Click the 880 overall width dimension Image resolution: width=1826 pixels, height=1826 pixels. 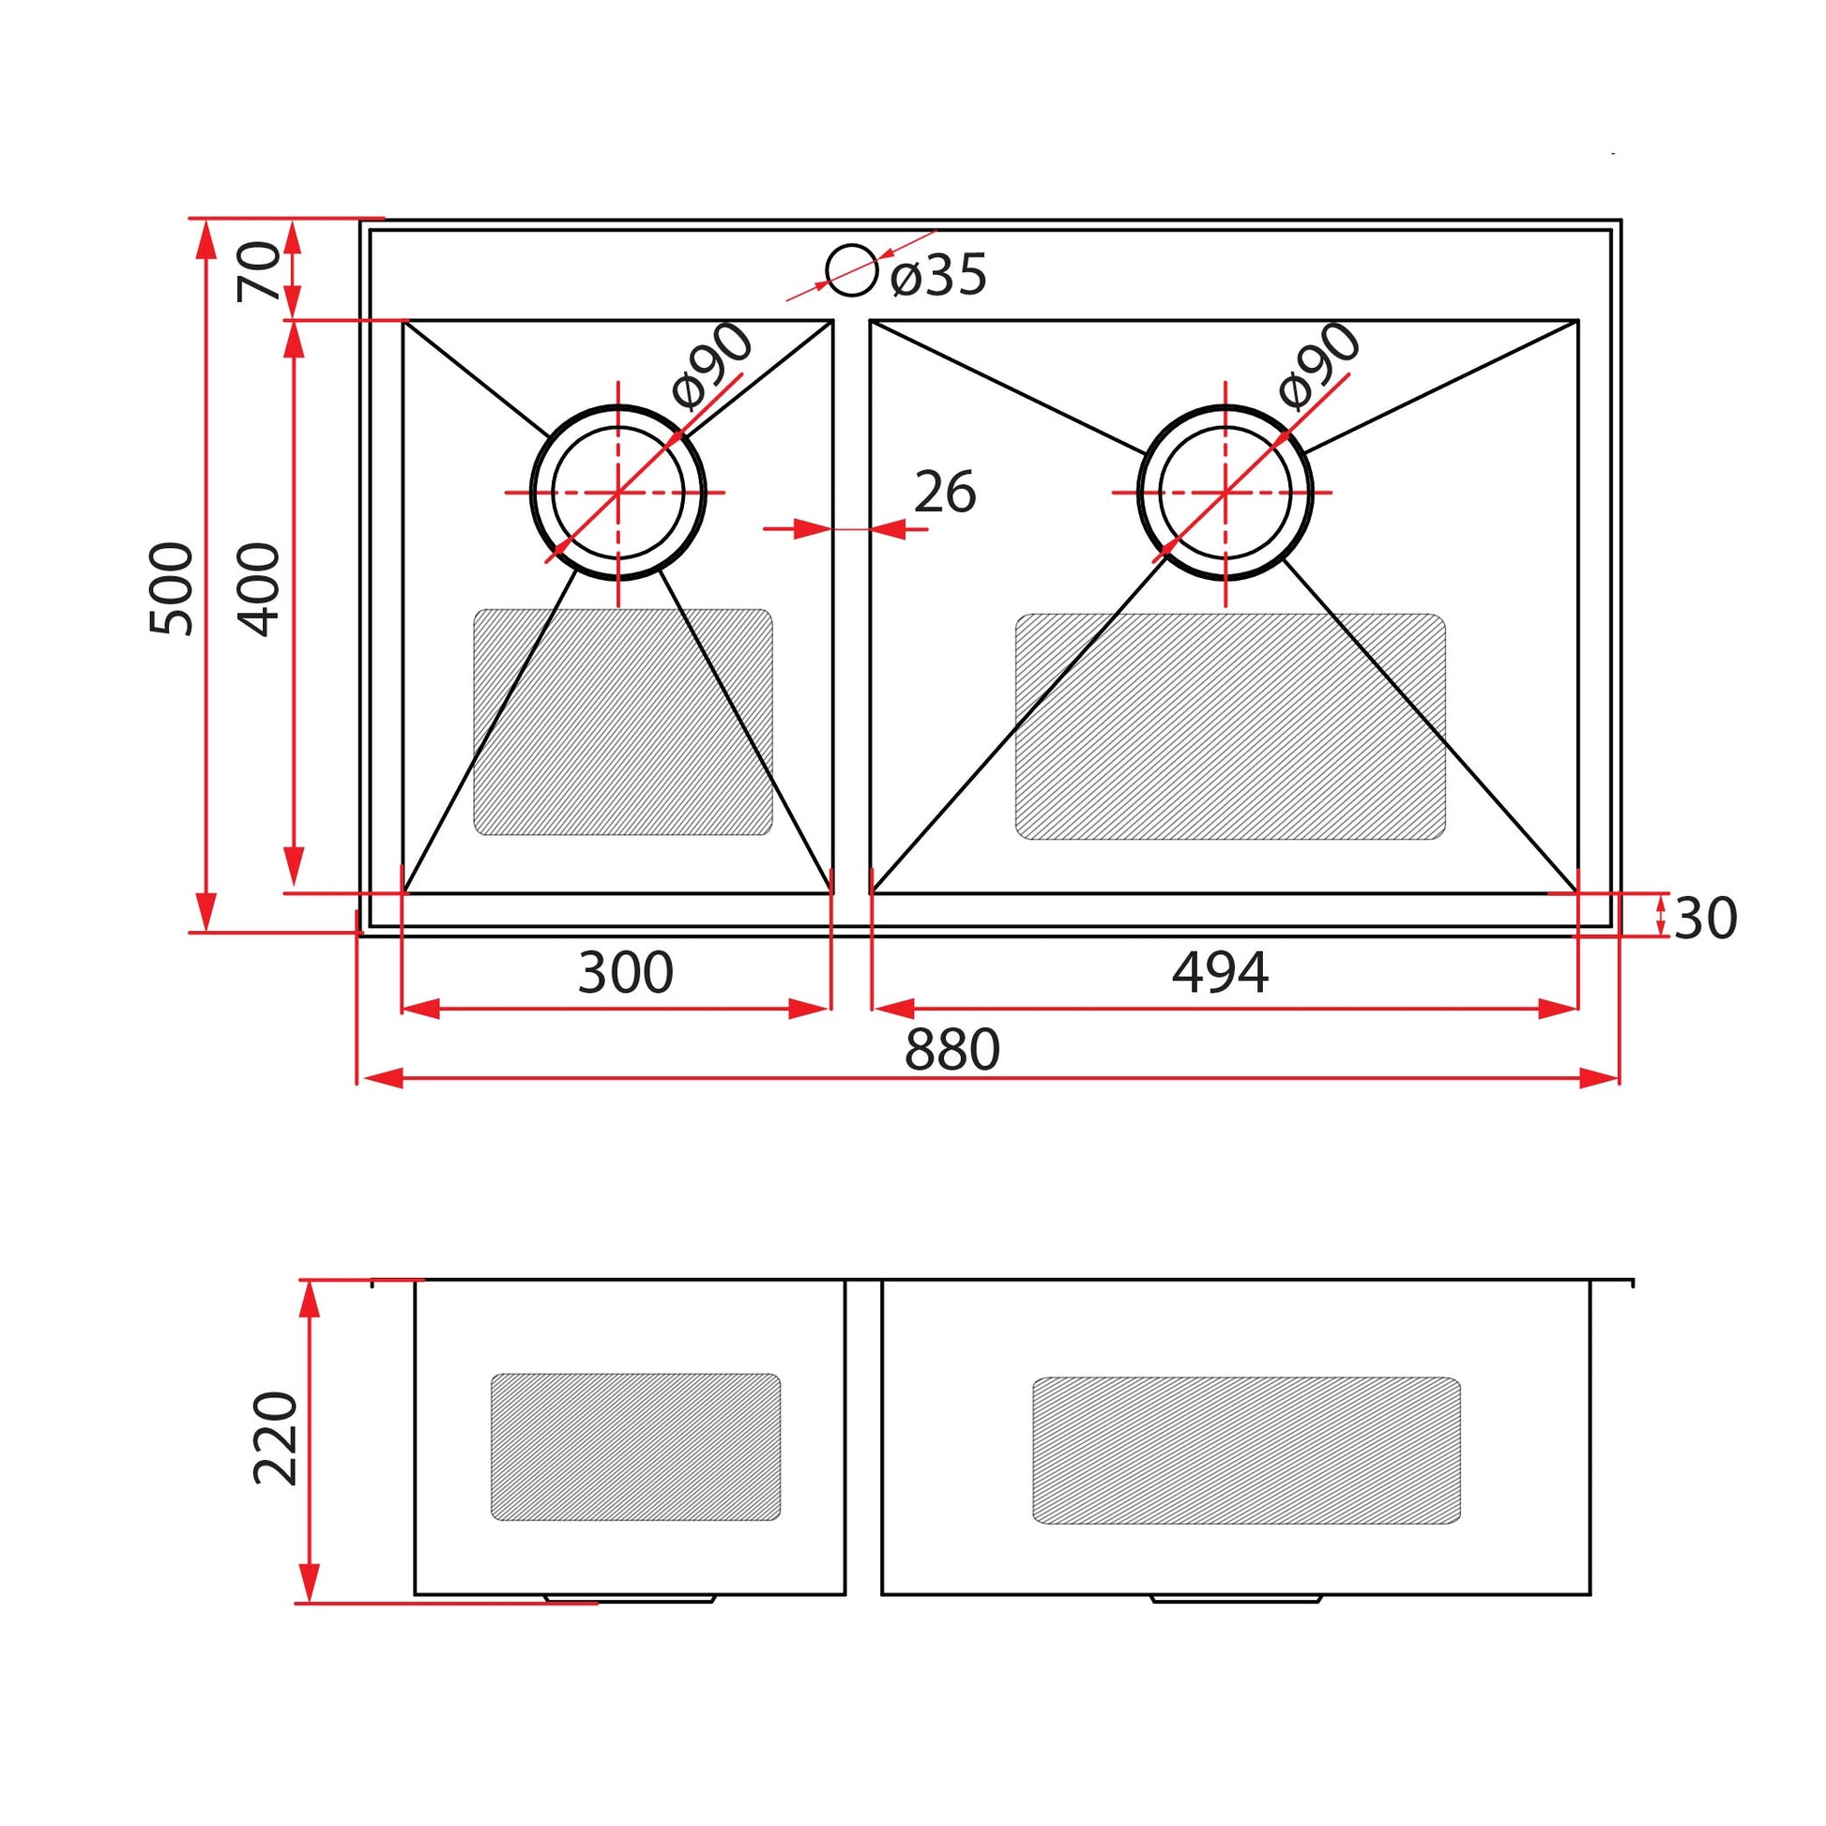tap(951, 1050)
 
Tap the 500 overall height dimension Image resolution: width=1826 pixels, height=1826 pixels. tap(172, 588)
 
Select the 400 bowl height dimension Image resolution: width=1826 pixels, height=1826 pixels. tap(259, 589)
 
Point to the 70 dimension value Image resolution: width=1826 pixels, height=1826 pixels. tap(259, 271)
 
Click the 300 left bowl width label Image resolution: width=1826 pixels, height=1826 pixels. tap(625, 972)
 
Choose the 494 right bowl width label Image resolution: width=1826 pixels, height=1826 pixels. tap(1219, 972)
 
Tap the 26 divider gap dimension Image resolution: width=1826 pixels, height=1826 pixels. tap(945, 493)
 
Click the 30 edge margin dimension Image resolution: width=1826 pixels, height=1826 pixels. tap(1705, 918)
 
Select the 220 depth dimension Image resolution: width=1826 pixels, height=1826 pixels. tap(276, 1438)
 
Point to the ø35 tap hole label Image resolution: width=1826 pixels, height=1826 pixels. tap(938, 275)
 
